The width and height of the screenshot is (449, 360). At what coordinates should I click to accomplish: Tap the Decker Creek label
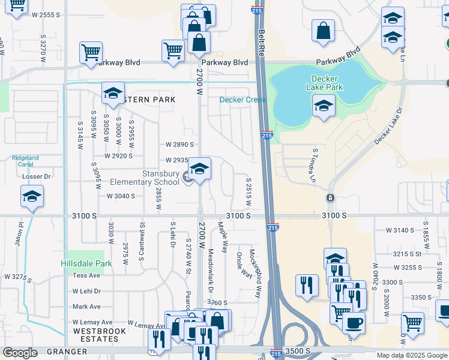coord(243,100)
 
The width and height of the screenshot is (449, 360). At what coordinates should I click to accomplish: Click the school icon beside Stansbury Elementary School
coord(199,169)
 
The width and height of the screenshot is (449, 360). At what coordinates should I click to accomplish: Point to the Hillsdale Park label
coord(86,263)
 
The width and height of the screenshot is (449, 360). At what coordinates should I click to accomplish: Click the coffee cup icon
coord(354,323)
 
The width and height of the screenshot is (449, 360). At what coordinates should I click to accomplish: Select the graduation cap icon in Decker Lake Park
coord(324,107)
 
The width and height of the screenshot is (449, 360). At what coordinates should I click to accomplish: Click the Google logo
coord(20,353)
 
